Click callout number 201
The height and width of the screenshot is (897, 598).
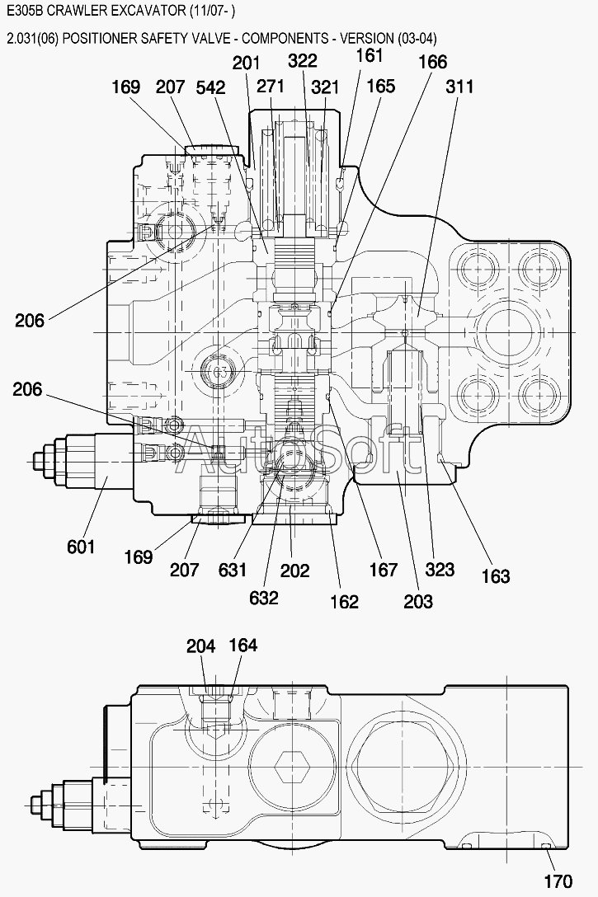(x=246, y=63)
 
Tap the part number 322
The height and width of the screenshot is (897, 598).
(x=302, y=61)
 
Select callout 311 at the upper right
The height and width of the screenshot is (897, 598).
(x=459, y=87)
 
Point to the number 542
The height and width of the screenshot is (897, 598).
(x=210, y=87)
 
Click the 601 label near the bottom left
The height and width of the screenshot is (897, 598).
(x=81, y=547)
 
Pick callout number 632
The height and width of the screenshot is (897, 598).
(x=264, y=597)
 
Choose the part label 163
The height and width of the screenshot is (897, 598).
(x=496, y=575)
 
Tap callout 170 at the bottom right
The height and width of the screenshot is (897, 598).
(x=558, y=881)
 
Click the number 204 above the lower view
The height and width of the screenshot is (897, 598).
(x=201, y=646)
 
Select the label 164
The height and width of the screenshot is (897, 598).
(x=243, y=646)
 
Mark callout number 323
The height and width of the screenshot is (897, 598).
(x=440, y=569)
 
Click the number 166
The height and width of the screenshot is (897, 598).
(x=432, y=62)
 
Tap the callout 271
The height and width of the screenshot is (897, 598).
(x=270, y=86)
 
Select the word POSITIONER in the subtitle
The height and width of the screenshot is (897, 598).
(x=94, y=38)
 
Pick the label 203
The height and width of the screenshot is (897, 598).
(x=417, y=601)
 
